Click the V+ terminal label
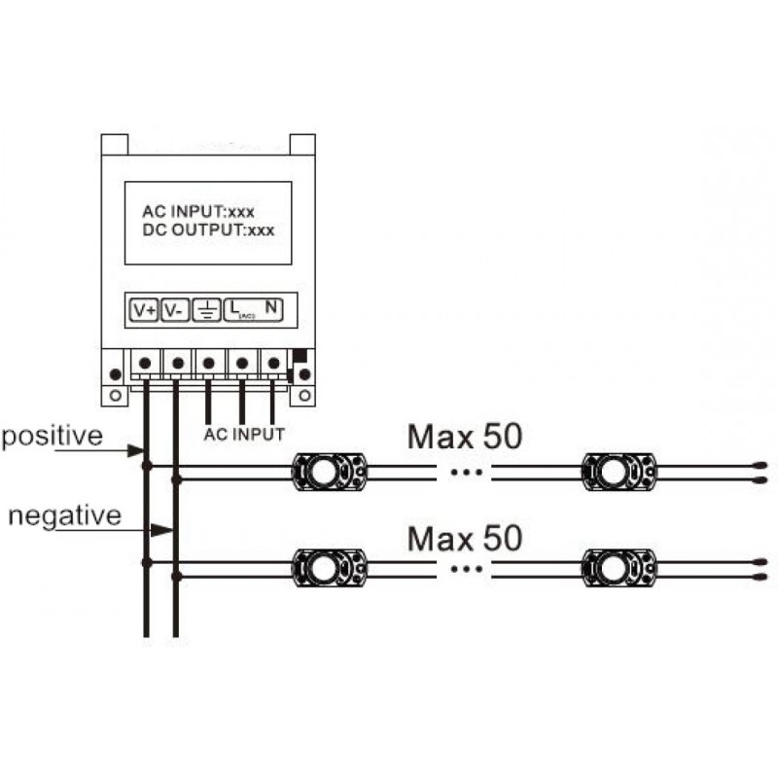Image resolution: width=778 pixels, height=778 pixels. click(x=144, y=310)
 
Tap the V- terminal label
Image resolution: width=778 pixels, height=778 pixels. click(x=175, y=310)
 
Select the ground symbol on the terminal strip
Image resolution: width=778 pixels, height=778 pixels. click(x=207, y=310)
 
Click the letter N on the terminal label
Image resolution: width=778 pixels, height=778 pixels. click(x=271, y=307)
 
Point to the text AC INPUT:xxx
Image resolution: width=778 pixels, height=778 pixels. click(x=198, y=212)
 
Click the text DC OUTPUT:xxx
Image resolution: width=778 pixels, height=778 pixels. click(x=208, y=230)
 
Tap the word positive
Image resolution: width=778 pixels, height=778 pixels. click(x=53, y=437)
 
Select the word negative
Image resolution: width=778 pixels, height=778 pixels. click(x=65, y=515)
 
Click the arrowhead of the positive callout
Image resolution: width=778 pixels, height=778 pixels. click(x=135, y=451)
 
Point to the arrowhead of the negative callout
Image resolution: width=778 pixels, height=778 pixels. click(x=161, y=530)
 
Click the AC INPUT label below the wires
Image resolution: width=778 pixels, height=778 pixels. click(x=244, y=435)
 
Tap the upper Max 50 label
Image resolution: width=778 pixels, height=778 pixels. click(x=465, y=437)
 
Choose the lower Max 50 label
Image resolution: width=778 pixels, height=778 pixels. click(x=465, y=539)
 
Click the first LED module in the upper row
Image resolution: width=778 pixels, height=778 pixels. click(x=330, y=472)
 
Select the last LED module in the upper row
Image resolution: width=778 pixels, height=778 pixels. click(x=619, y=472)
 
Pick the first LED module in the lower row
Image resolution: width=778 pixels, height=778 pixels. click(x=330, y=568)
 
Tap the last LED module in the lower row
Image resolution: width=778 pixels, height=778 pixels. click(x=619, y=568)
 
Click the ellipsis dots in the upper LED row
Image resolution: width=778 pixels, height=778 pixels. click(x=466, y=473)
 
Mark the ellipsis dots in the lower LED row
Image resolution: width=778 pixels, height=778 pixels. click(x=466, y=569)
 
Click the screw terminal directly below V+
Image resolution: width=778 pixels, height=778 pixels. click(x=145, y=363)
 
